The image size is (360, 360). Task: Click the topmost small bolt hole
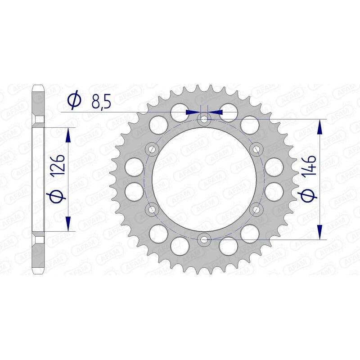pos(204,119)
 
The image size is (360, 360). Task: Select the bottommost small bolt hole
pos(204,239)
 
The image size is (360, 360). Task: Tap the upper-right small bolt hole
pos(257,149)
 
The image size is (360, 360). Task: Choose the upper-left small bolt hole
pos(152,149)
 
